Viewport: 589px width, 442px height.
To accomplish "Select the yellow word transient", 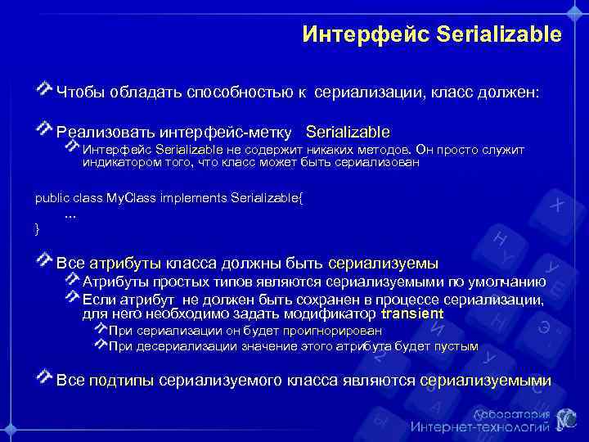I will [x=412, y=314].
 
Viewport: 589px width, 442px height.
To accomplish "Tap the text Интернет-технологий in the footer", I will [x=479, y=427].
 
